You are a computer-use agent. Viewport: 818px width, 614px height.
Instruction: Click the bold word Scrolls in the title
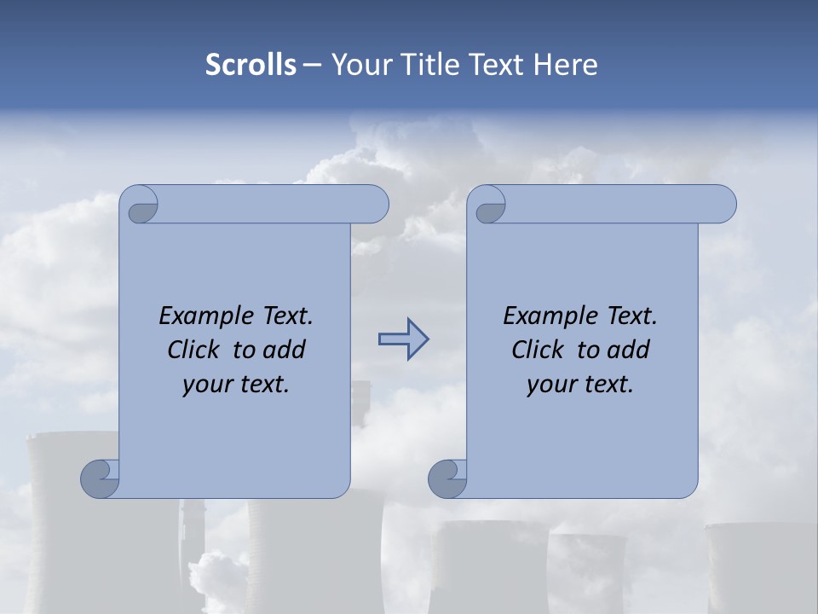[x=251, y=65]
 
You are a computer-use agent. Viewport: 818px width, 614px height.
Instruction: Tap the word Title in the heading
[x=428, y=65]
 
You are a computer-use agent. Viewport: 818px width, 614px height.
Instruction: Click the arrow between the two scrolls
[x=403, y=339]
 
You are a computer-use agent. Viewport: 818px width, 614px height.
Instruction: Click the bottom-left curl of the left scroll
[x=101, y=478]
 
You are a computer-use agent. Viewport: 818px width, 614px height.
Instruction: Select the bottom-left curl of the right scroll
[x=447, y=478]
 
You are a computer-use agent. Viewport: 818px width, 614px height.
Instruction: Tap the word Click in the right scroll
[x=538, y=350]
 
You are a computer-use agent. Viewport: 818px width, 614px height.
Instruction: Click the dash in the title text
[x=313, y=65]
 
